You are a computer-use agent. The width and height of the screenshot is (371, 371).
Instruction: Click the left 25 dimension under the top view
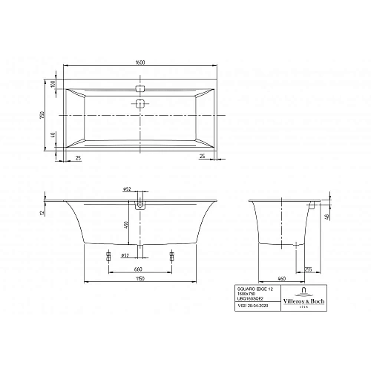pyautogui.click(x=78, y=157)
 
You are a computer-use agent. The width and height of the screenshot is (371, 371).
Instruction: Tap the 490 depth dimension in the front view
pyautogui.click(x=127, y=225)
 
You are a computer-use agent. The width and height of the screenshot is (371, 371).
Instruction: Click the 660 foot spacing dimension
pyautogui.click(x=137, y=269)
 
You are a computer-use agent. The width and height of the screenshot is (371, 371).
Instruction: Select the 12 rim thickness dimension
pyautogui.click(x=44, y=211)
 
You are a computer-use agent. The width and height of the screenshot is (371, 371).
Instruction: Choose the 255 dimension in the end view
pyautogui.click(x=309, y=269)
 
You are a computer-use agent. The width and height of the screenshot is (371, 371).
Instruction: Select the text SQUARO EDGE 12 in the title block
pyautogui.click(x=246, y=288)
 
